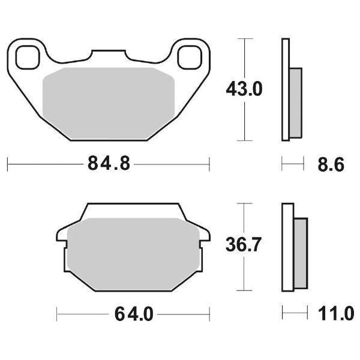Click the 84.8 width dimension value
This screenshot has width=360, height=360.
click(x=108, y=163)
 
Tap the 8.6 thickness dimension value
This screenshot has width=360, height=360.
click(x=331, y=164)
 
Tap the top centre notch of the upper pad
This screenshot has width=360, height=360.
click(x=108, y=54)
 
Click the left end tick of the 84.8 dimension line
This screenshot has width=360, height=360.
click(x=7, y=163)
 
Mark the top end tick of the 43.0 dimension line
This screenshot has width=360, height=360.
click(x=243, y=38)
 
